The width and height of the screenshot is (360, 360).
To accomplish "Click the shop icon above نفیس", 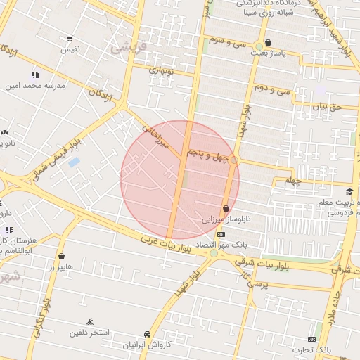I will click(70, 39).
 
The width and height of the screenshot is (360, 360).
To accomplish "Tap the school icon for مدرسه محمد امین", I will click(35, 75).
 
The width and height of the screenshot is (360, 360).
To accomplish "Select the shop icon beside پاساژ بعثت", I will click(268, 42).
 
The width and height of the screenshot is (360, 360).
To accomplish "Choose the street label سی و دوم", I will click(273, 89).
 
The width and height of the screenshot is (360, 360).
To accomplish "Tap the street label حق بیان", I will click(326, 107).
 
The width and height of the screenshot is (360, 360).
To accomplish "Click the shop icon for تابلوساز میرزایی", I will click(226, 208).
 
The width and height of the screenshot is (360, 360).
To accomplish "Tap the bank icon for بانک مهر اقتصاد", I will click(221, 234).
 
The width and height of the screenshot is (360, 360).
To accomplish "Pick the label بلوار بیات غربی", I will click(165, 243).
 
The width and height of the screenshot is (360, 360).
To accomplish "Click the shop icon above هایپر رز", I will click(62, 256).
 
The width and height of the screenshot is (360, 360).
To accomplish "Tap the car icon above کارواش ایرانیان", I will click(147, 334).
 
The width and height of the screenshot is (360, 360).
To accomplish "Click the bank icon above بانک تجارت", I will click(311, 338).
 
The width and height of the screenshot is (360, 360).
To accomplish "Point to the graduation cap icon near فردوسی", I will click(349, 192).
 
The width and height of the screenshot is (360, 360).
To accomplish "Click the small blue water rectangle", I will click(74, 162).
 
